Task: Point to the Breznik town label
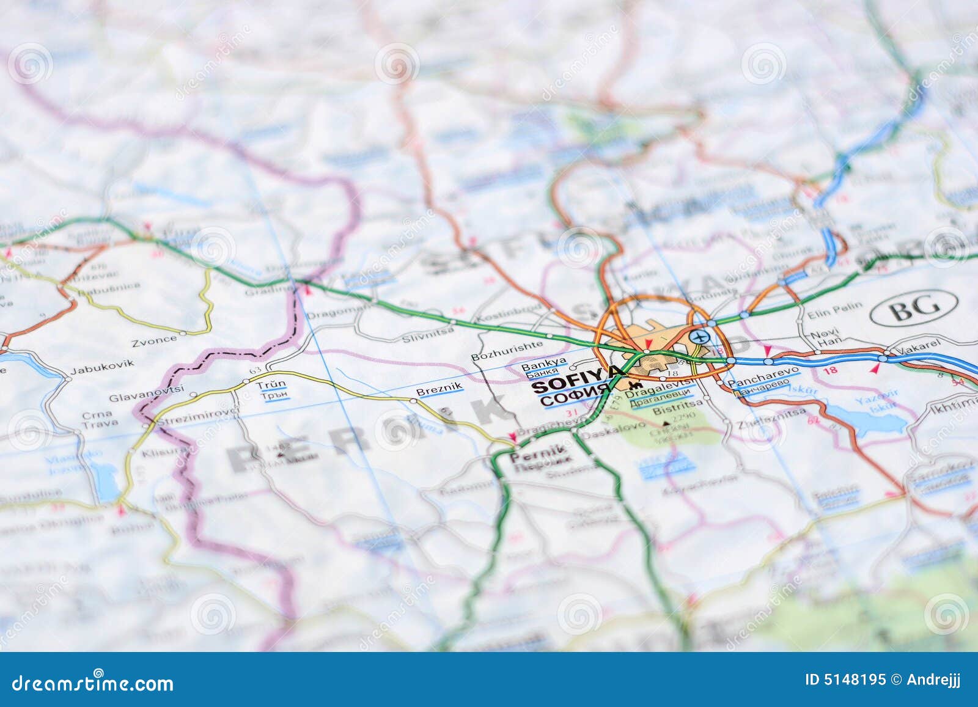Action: [439, 389]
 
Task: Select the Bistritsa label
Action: [674, 411]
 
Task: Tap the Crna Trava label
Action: [97, 420]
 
